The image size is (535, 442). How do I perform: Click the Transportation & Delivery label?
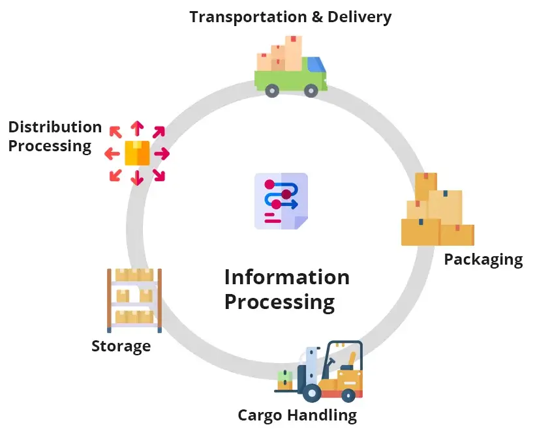click(x=290, y=17)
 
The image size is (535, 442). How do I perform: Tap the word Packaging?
click(x=483, y=259)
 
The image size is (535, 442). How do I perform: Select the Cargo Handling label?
click(x=297, y=415)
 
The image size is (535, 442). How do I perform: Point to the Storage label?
click(x=121, y=346)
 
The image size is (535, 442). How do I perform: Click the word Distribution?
click(x=55, y=127)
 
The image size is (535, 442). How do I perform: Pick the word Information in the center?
click(x=286, y=277)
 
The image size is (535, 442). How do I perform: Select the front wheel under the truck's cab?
click(x=311, y=91)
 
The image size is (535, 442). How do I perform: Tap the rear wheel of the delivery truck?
click(x=271, y=91)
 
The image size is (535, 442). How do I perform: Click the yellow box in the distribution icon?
click(x=137, y=153)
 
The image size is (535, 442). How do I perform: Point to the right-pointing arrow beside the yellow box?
click(x=161, y=154)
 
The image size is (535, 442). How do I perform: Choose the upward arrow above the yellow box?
click(x=137, y=128)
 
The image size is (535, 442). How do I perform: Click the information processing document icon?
click(x=281, y=201)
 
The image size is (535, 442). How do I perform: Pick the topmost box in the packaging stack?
click(x=425, y=186)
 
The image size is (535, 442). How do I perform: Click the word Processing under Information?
click(x=279, y=302)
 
